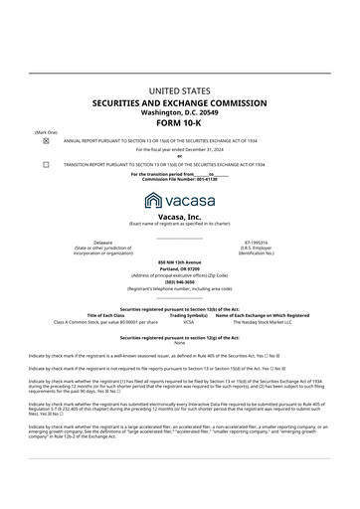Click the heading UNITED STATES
coord(179,90)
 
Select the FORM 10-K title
coord(179,122)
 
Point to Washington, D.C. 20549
coord(179,111)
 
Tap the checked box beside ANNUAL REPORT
coord(46,141)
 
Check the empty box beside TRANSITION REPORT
coord(46,163)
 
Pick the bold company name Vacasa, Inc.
coord(179,215)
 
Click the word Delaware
coord(102,242)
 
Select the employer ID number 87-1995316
coord(256,242)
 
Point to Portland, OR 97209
coord(179,268)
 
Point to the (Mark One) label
coord(45,132)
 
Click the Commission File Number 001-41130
coord(179,179)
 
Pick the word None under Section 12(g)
coord(179,342)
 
